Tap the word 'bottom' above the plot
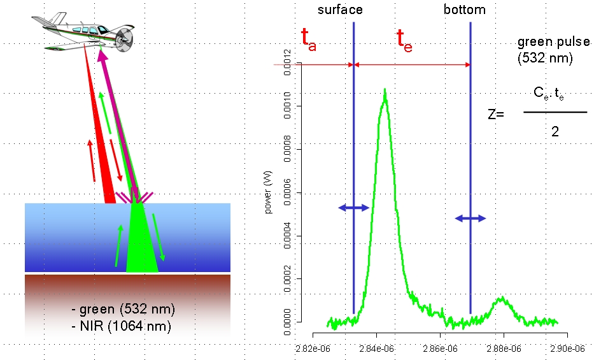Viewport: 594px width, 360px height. click(464, 10)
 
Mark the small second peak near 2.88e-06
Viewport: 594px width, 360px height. click(502, 298)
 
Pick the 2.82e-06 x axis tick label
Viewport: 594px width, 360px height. click(313, 348)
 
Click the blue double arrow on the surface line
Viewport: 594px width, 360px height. click(353, 208)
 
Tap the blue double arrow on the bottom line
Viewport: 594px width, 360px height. click(470, 218)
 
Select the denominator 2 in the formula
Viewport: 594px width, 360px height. click(555, 131)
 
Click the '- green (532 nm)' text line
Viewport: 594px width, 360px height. click(124, 310)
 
